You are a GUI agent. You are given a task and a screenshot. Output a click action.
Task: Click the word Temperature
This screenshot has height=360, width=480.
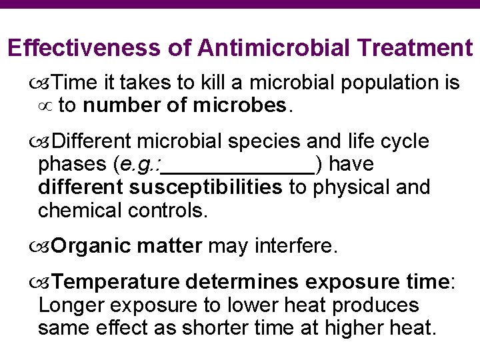115,282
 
